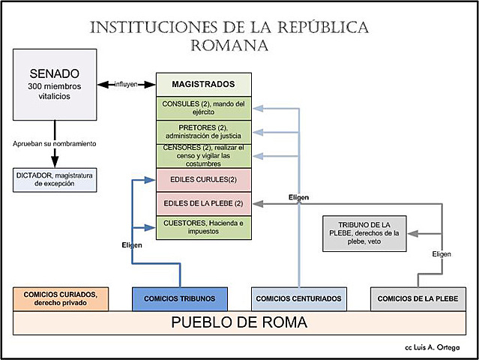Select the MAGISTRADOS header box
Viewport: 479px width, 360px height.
(203, 84)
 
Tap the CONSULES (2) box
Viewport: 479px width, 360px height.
(203, 107)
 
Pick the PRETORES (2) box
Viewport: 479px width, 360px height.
(203, 131)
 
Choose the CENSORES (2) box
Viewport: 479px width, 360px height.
(203, 155)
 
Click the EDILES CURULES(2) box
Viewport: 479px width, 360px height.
(203, 180)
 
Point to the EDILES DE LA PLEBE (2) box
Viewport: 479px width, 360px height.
(203, 203)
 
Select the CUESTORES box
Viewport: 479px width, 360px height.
(203, 226)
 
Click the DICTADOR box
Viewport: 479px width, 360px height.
(55, 179)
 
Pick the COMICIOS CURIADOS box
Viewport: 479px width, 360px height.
(61, 298)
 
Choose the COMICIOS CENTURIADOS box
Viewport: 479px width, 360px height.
(298, 298)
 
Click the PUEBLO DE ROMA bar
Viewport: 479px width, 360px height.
(239, 323)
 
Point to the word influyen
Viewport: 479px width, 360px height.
(126, 84)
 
